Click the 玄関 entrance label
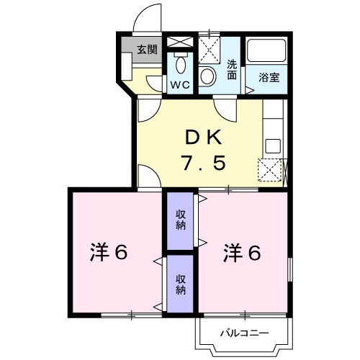coord(147,50)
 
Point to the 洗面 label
coord(232,68)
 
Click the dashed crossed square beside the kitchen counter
coord(272,171)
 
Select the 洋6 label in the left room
coord(109,253)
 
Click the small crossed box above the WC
coord(179,43)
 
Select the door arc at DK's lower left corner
coord(146,177)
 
